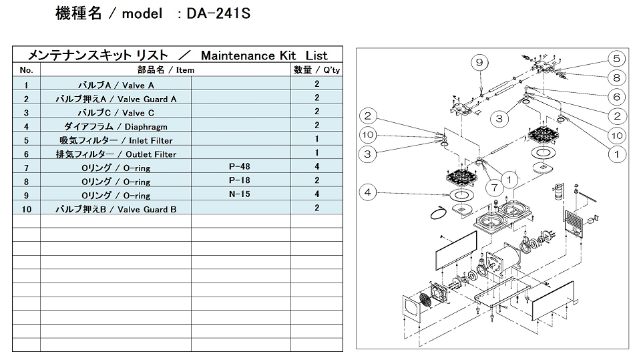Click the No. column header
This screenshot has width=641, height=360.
click(x=26, y=69)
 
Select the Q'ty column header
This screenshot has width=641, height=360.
click(x=316, y=69)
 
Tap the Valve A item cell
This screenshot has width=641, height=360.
click(x=116, y=85)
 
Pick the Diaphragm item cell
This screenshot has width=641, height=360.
click(x=116, y=126)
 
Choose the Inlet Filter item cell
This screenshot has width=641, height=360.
click(x=116, y=140)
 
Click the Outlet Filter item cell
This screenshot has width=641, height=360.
click(x=116, y=154)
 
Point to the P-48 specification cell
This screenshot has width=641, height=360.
click(x=240, y=167)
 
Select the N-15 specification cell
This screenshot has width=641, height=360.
click(x=240, y=194)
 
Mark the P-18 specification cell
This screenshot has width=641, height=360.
click(x=240, y=180)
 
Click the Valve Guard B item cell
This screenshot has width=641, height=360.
click(x=116, y=209)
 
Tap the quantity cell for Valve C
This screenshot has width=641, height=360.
click(x=316, y=112)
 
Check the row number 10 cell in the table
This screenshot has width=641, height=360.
click(x=26, y=209)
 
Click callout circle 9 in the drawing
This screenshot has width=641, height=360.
click(x=479, y=63)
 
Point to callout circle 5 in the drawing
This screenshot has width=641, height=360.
click(x=616, y=58)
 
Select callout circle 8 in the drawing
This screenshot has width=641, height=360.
click(x=616, y=77)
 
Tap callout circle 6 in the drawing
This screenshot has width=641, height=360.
click(x=616, y=97)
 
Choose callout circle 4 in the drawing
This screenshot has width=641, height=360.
click(x=368, y=192)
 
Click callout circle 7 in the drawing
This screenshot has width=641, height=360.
click(x=495, y=188)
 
